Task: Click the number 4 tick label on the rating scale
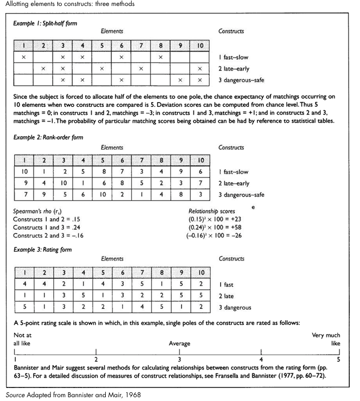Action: click(x=261, y=359)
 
